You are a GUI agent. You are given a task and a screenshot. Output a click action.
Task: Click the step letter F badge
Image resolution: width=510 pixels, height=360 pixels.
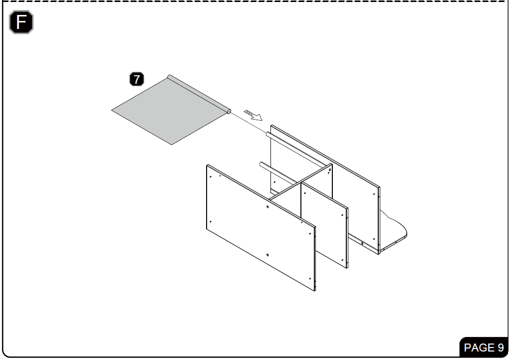click(x=21, y=22)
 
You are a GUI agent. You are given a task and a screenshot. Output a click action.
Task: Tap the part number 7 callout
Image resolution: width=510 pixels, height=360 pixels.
click(x=137, y=79)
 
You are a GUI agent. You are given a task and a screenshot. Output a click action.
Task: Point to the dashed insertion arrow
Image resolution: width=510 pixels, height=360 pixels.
click(x=253, y=115)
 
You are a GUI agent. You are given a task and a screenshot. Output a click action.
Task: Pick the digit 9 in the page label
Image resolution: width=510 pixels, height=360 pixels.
click(x=501, y=348)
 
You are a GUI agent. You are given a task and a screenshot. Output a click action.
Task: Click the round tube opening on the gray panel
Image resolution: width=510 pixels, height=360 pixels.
click(x=229, y=112)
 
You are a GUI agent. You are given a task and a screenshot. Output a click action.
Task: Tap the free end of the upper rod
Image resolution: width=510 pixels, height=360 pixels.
click(x=267, y=134)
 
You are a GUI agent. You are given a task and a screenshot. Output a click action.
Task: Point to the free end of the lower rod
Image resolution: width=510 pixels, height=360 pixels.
click(x=261, y=164)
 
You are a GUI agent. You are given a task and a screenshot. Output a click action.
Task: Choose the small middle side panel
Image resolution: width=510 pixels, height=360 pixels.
click(x=324, y=225)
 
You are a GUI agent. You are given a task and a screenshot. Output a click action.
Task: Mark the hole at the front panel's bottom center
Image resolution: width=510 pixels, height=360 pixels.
click(x=267, y=255)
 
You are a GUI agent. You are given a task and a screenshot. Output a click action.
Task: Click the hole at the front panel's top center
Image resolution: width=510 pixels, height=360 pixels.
click(x=267, y=206)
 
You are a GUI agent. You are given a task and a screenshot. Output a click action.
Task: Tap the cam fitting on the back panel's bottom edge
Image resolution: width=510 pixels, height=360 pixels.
click(x=362, y=243)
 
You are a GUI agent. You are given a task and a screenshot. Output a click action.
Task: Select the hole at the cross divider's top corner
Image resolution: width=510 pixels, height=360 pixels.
click(x=329, y=170)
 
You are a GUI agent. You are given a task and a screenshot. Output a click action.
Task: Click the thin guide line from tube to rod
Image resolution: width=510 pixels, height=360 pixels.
click(x=249, y=123)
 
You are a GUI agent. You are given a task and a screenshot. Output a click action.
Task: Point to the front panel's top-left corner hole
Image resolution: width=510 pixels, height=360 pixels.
click(x=211, y=177)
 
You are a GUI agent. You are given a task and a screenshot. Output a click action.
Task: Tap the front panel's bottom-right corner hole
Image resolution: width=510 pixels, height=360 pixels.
click(x=309, y=279)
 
